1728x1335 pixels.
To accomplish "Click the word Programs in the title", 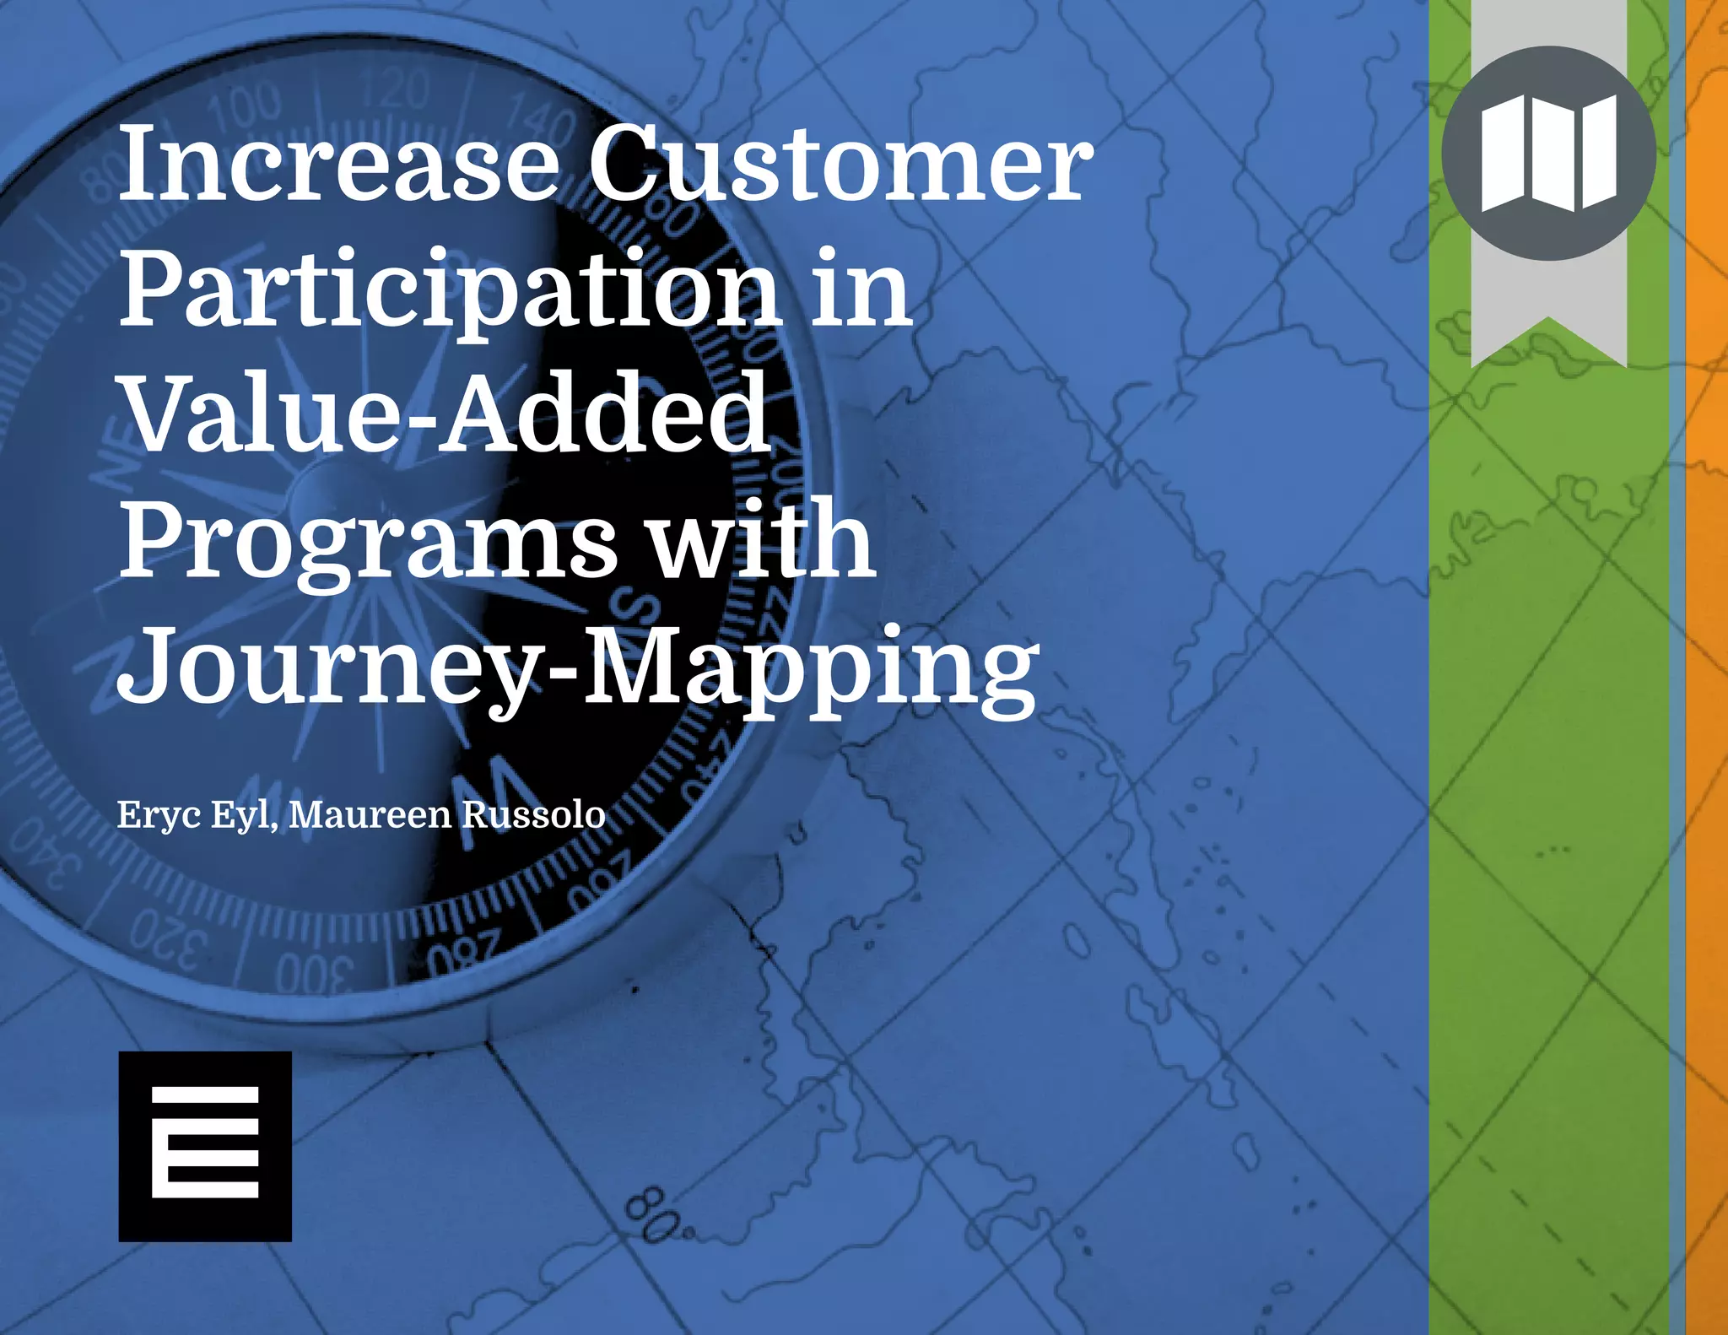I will pyautogui.click(x=368, y=540).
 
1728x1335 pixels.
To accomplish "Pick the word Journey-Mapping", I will pyautogui.click(x=578, y=667).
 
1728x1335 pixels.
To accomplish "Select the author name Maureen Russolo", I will pyautogui.click(x=447, y=814).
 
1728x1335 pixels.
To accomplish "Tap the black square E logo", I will pyautogui.click(x=205, y=1146).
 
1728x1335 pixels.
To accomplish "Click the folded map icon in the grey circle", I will pyautogui.click(x=1548, y=154).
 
